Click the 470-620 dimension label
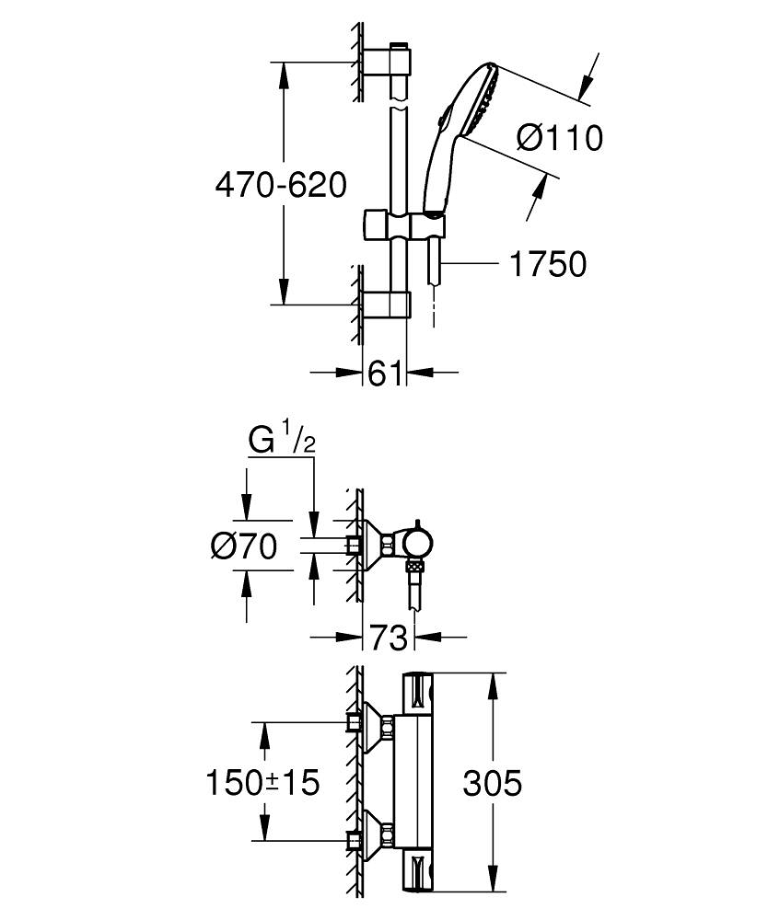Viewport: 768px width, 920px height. (280, 186)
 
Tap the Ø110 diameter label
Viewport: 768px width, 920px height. (559, 138)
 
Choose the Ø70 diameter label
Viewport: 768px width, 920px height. (243, 546)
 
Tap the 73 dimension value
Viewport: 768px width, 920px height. (388, 637)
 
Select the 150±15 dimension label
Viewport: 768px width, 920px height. (262, 783)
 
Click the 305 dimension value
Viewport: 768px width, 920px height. (492, 784)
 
